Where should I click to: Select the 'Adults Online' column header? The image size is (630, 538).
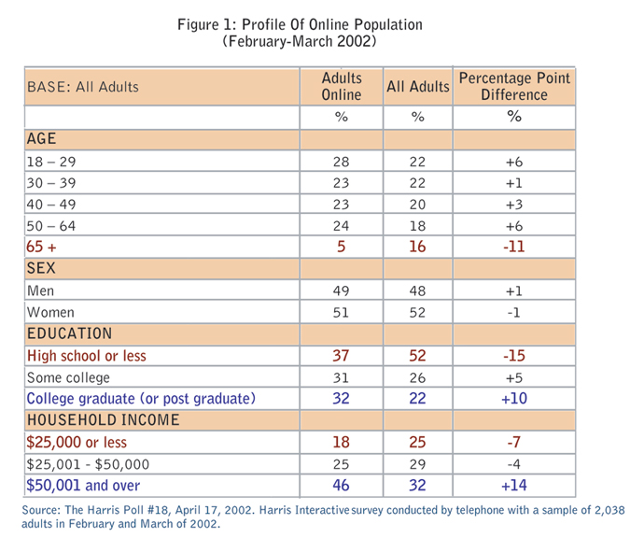341,86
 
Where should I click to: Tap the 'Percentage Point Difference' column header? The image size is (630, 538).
512,86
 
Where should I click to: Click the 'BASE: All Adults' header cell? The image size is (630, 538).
83,87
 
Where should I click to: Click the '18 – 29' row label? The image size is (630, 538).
53,161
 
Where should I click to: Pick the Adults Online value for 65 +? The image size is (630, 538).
341,247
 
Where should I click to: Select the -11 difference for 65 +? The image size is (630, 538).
512,247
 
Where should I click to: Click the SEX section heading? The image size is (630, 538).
41,269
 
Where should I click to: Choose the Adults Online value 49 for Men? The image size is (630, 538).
341,290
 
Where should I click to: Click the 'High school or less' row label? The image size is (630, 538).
87,356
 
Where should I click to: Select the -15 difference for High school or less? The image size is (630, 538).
512,356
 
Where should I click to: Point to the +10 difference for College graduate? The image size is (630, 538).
512,399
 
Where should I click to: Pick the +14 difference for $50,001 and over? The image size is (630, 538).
512,486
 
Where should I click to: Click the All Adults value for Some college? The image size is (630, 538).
417,377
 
